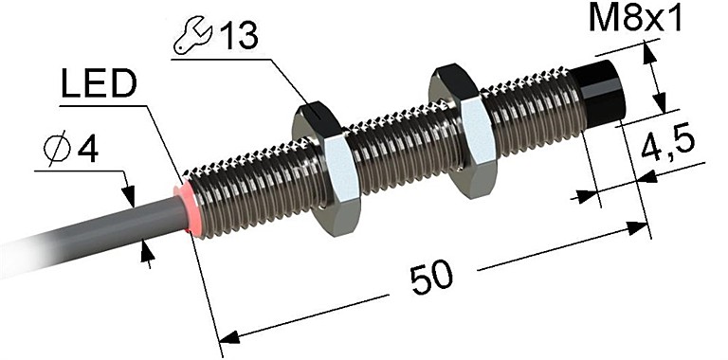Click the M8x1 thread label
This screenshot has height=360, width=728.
[x=635, y=20]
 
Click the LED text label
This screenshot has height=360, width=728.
[x=99, y=84]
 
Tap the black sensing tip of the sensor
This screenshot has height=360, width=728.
[x=598, y=96]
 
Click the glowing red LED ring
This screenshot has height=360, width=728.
[x=186, y=207]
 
